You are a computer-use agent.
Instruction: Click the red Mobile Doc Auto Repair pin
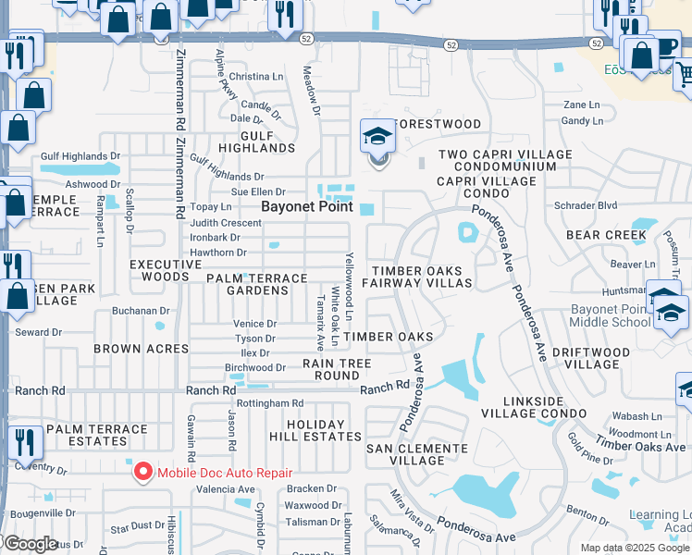click(x=143, y=472)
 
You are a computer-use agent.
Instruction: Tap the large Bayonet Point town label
click(x=307, y=206)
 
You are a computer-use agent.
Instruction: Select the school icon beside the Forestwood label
click(x=377, y=139)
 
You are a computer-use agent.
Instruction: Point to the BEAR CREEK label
click(x=607, y=235)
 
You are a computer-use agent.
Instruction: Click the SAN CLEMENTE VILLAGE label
click(x=416, y=454)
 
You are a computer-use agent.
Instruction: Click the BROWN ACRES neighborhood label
click(x=141, y=349)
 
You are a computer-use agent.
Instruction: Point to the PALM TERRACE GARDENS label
click(x=256, y=284)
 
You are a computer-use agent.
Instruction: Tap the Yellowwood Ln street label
click(x=350, y=286)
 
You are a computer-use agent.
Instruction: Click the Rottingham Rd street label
click(x=270, y=403)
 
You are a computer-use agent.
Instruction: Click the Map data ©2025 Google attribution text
click(x=635, y=548)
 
